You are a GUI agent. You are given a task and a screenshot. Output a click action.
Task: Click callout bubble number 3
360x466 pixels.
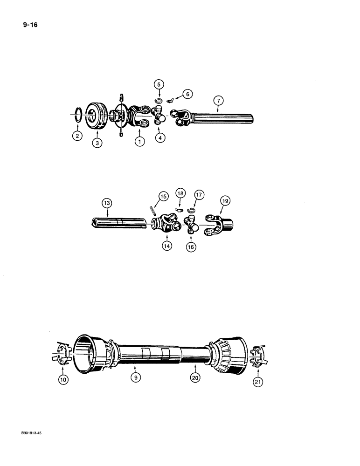[x=97, y=144]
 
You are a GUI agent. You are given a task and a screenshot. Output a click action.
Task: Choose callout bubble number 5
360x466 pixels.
[x=159, y=85]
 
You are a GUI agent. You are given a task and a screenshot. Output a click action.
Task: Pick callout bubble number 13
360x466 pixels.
[x=107, y=203]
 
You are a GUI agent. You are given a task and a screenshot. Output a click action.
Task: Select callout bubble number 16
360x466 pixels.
[x=191, y=247]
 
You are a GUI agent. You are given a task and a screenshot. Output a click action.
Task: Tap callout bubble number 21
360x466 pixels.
[x=257, y=383]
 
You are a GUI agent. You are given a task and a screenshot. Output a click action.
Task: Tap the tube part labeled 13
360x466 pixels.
[x=119, y=222]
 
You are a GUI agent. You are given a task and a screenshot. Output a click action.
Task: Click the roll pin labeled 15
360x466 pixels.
[x=152, y=211]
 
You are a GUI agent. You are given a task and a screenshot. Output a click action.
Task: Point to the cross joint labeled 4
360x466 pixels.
[x=160, y=115]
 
